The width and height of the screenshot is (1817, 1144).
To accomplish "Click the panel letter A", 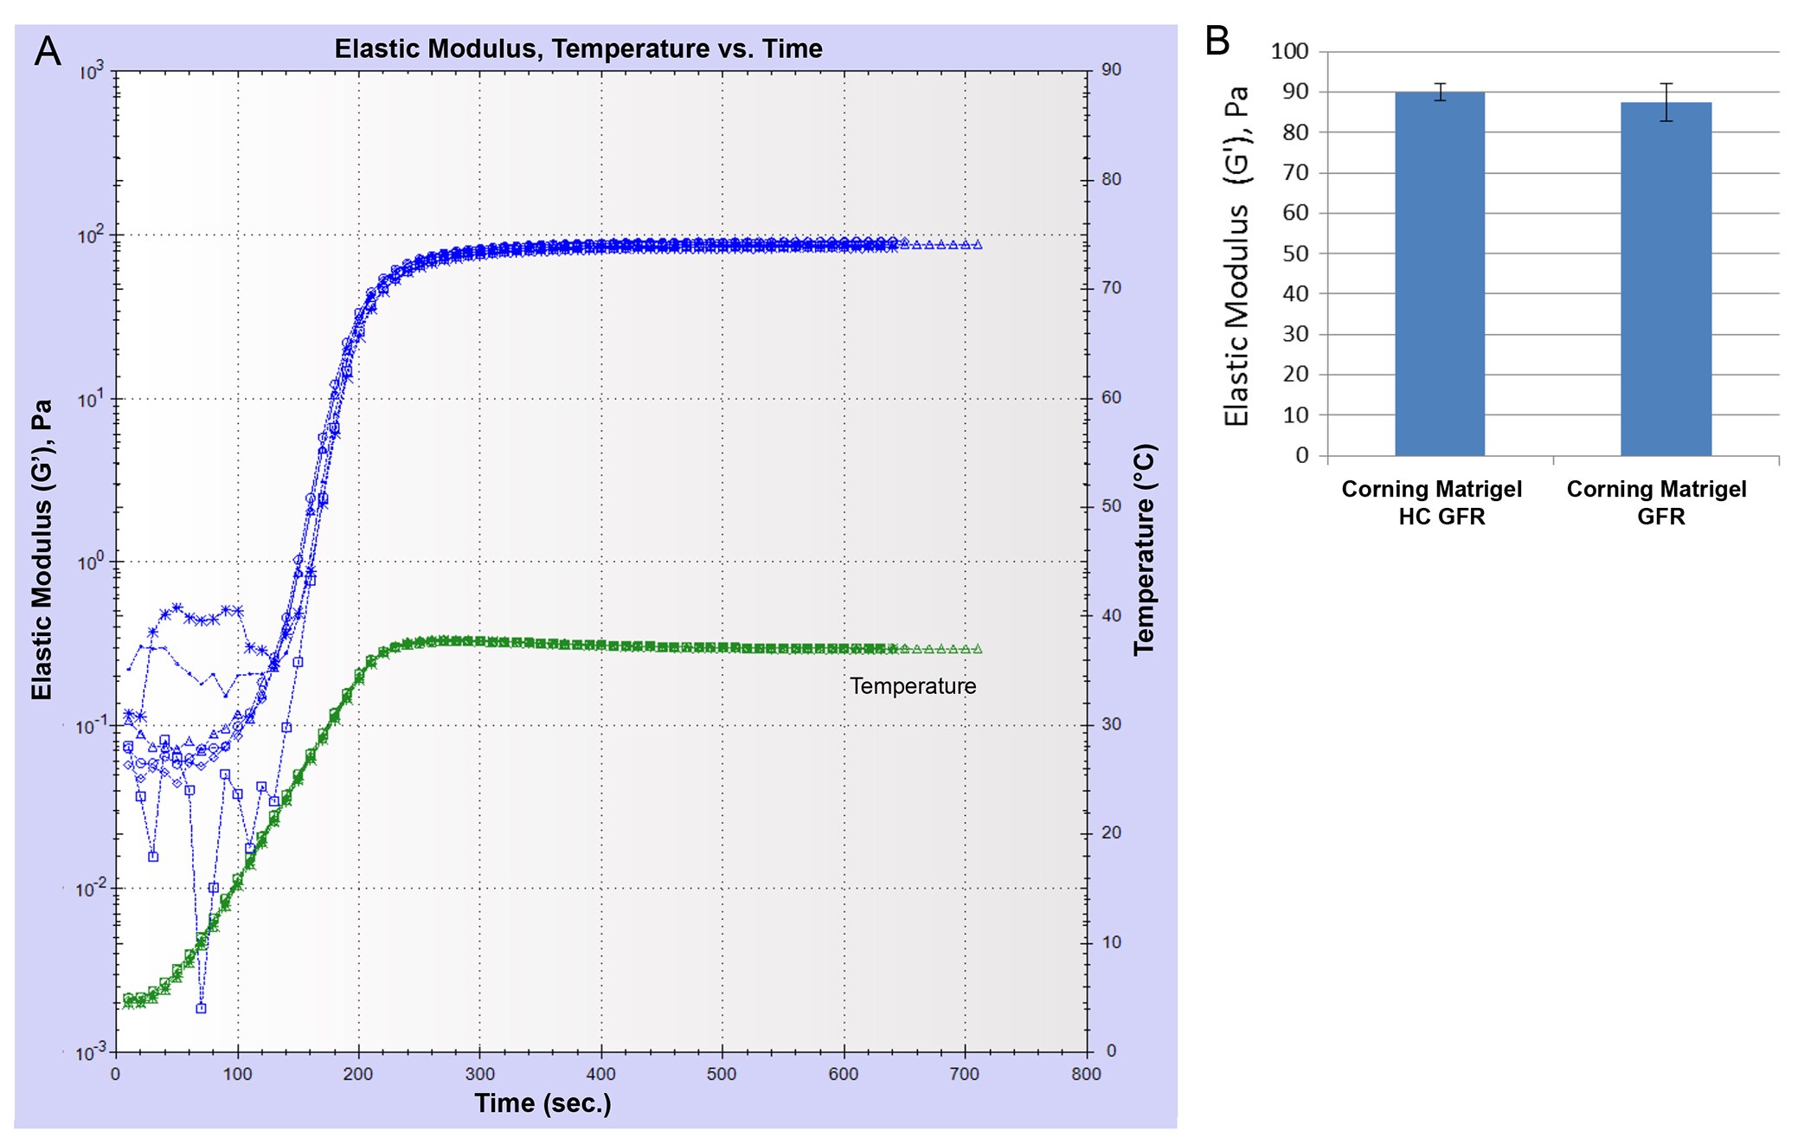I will [48, 51].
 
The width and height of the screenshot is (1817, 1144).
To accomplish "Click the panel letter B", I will [1217, 41].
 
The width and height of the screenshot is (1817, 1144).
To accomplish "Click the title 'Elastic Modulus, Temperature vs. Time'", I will [578, 48].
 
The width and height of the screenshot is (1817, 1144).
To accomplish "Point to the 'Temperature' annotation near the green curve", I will [913, 686].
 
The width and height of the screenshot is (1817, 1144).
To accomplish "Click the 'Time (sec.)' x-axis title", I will [543, 1103].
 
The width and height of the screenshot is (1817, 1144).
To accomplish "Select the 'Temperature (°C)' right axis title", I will [1144, 550].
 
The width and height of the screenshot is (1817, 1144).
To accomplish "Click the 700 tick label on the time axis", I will [965, 1074].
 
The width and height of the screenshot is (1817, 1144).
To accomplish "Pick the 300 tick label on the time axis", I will [479, 1074].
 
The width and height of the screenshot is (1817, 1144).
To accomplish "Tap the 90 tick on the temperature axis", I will [1111, 70].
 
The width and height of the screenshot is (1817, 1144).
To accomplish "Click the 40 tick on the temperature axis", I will [1111, 615].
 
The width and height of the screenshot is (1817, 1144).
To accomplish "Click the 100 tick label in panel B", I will [1289, 51].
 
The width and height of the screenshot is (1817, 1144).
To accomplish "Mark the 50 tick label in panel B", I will [1295, 254].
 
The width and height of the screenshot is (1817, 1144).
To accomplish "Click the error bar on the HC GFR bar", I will [1440, 92].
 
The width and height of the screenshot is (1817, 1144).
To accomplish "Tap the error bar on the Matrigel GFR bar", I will [1666, 102].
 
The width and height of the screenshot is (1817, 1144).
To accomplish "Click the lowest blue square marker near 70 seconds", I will [201, 1008].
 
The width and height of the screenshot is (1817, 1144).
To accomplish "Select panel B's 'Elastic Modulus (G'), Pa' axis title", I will [1237, 255].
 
